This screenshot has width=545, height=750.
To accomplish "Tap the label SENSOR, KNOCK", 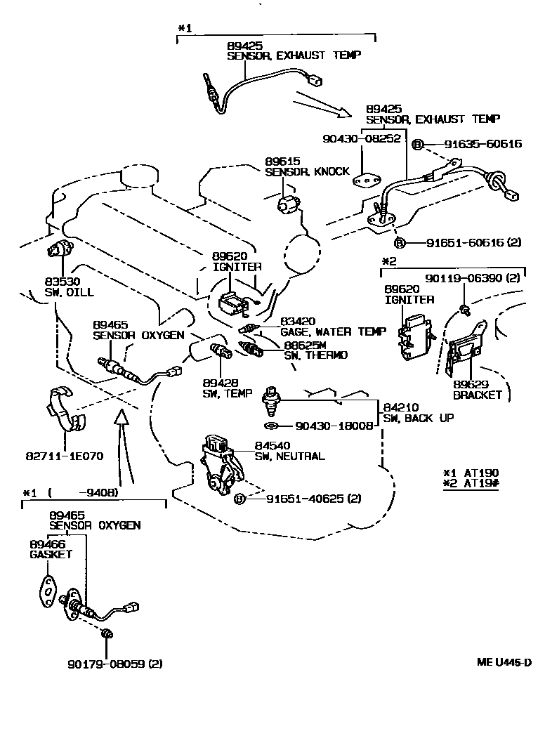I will pos(306,171).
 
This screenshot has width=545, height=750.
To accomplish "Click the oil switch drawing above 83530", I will pos(58,249).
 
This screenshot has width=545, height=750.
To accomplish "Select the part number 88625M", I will pos(306,345).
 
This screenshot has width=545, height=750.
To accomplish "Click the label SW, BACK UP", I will pos(418,418).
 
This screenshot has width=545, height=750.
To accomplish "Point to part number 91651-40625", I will pos(306,499).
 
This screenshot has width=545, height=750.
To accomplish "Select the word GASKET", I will pos(51,554).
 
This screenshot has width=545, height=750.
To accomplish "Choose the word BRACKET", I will pos(478,395).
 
